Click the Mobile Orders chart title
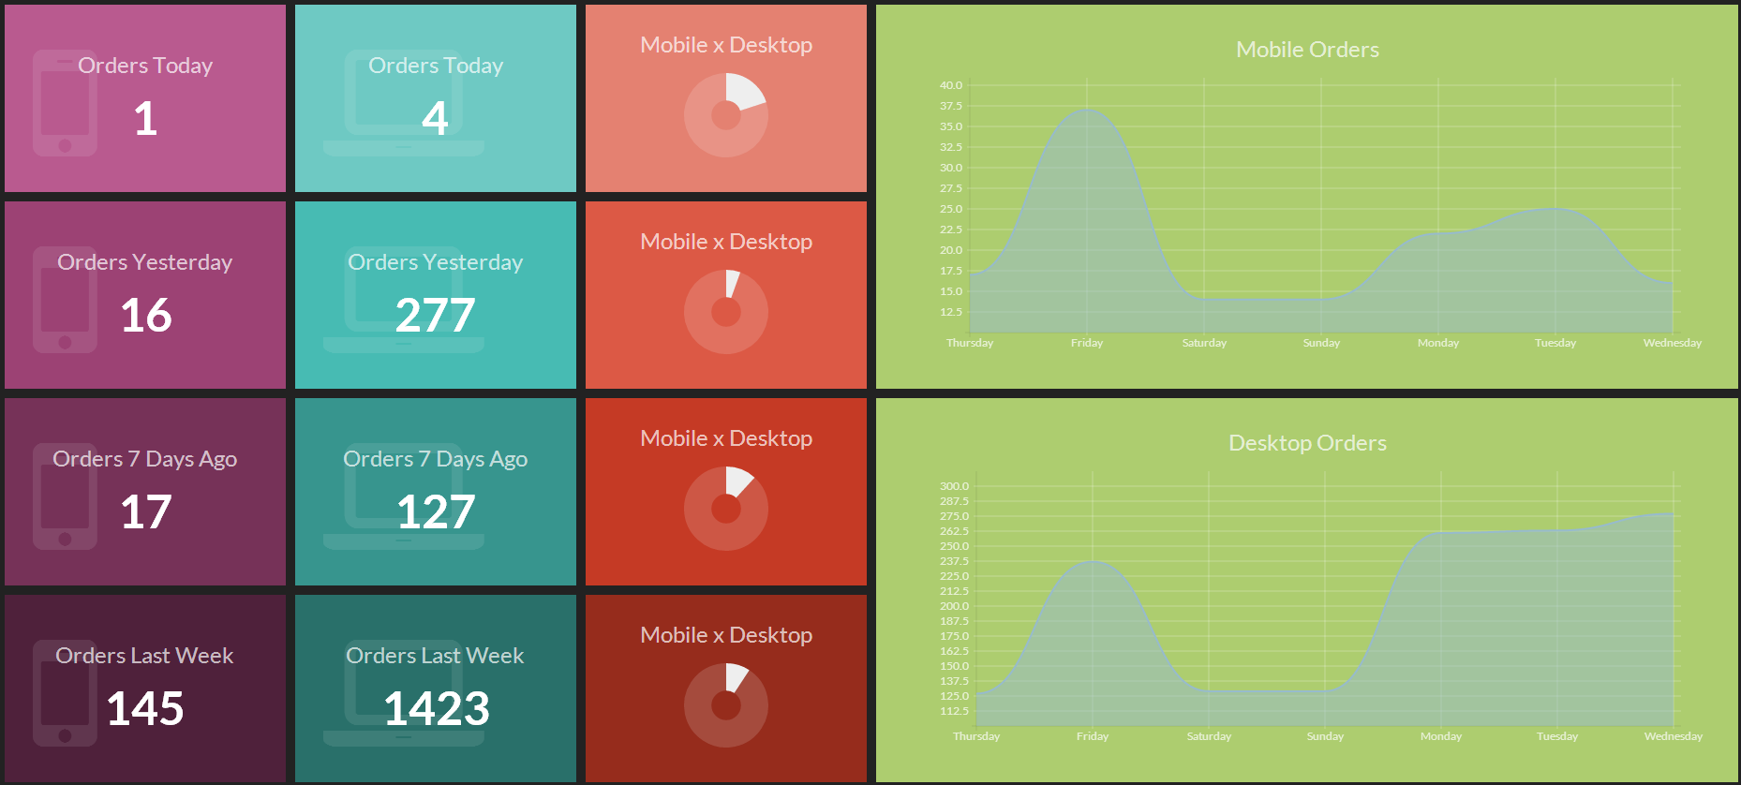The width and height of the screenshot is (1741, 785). (x=1307, y=50)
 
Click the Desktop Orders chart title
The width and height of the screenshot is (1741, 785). (x=1307, y=443)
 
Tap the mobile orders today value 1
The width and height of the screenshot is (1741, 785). (x=145, y=119)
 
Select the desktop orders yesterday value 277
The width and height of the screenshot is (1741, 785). (x=435, y=316)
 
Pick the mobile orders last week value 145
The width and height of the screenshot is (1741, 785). (x=145, y=709)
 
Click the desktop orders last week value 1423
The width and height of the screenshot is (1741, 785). (x=436, y=709)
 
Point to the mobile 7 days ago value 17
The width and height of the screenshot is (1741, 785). (x=145, y=512)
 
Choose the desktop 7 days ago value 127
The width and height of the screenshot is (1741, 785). (x=436, y=512)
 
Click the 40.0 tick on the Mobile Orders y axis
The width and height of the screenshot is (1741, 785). (x=950, y=85)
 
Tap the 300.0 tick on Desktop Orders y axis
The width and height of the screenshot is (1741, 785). (x=954, y=486)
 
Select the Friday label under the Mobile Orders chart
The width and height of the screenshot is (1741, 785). (x=1087, y=343)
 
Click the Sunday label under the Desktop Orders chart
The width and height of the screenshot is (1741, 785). (x=1325, y=736)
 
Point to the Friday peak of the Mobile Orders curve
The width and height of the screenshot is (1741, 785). (x=1087, y=111)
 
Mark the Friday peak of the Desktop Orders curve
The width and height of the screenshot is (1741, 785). (x=1093, y=562)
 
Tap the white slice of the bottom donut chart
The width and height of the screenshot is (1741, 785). (x=736, y=675)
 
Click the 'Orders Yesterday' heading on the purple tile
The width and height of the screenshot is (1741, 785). (x=145, y=262)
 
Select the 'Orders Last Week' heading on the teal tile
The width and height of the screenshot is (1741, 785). (x=435, y=656)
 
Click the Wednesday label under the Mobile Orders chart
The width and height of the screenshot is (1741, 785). (x=1672, y=343)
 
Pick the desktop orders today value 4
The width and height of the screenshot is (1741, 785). (x=435, y=119)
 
